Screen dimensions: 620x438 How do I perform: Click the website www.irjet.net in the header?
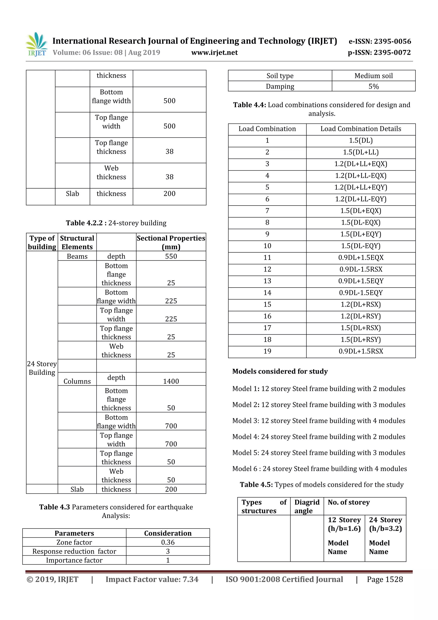[215, 52]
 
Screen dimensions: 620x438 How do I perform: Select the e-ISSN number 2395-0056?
[380, 41]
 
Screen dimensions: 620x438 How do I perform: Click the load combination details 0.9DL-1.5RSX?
[361, 269]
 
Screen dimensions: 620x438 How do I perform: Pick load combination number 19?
[267, 351]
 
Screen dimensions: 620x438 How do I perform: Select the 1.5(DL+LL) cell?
[361, 152]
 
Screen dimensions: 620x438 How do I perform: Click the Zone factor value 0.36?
[167, 542]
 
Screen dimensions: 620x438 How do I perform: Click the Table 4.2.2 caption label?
[116, 223]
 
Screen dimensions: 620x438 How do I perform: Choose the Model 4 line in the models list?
[318, 437]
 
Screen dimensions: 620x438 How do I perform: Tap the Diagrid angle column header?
[307, 506]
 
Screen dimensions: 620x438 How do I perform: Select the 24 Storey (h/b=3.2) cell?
[385, 524]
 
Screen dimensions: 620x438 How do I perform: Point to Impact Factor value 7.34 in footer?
[152, 580]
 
